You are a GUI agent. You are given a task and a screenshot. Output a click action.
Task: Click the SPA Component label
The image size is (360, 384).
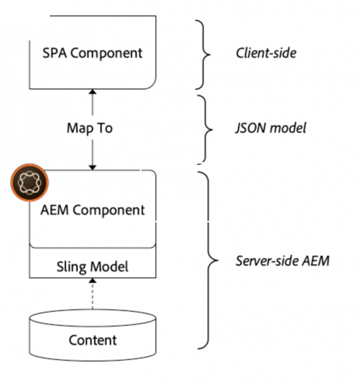pyautogui.click(x=92, y=53)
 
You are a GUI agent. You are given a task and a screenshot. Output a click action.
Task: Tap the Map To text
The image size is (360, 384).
pyautogui.click(x=89, y=128)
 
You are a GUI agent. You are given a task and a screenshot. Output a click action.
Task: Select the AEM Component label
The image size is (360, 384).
pyautogui.click(x=92, y=210)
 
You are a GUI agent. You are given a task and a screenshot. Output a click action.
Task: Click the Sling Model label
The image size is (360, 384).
pyautogui.click(x=92, y=265)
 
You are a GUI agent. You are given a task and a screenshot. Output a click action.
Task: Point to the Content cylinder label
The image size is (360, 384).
pyautogui.click(x=93, y=340)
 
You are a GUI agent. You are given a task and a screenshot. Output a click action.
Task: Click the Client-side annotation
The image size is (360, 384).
pyautogui.click(x=265, y=53)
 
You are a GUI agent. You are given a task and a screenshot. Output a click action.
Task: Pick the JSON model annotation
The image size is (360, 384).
pyautogui.click(x=271, y=128)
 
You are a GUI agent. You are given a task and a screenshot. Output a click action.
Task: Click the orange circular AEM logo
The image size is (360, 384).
pyautogui.click(x=29, y=185)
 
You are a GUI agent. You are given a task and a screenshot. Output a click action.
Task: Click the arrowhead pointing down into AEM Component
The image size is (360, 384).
pyautogui.click(x=93, y=166)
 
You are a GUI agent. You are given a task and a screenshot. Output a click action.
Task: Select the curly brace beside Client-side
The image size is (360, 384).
pyautogui.click(x=204, y=55)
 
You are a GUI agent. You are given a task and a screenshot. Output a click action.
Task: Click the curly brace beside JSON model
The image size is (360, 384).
pyautogui.click(x=204, y=129)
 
